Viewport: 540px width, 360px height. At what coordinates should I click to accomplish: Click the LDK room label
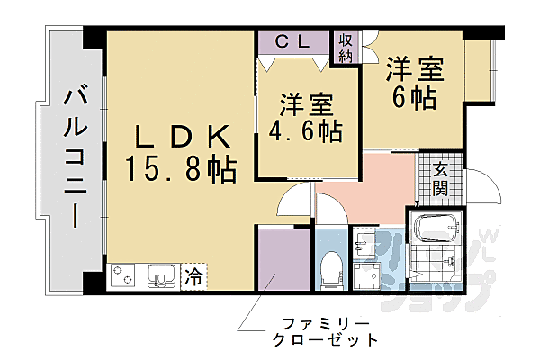point(183,137)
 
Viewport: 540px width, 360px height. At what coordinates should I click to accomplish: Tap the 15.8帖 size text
point(181,169)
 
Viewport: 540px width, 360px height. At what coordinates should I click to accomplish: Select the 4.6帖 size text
point(306,131)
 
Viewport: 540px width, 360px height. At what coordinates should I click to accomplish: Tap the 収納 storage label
point(346,49)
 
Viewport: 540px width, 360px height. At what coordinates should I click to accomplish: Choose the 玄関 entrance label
point(440,181)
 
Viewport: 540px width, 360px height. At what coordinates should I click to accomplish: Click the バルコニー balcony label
point(75,158)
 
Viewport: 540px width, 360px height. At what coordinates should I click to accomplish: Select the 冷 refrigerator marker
point(193,276)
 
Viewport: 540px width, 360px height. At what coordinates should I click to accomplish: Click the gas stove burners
point(122,275)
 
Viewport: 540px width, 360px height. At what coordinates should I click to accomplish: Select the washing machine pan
point(367,276)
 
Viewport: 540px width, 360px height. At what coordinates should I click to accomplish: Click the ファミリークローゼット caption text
point(325,332)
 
